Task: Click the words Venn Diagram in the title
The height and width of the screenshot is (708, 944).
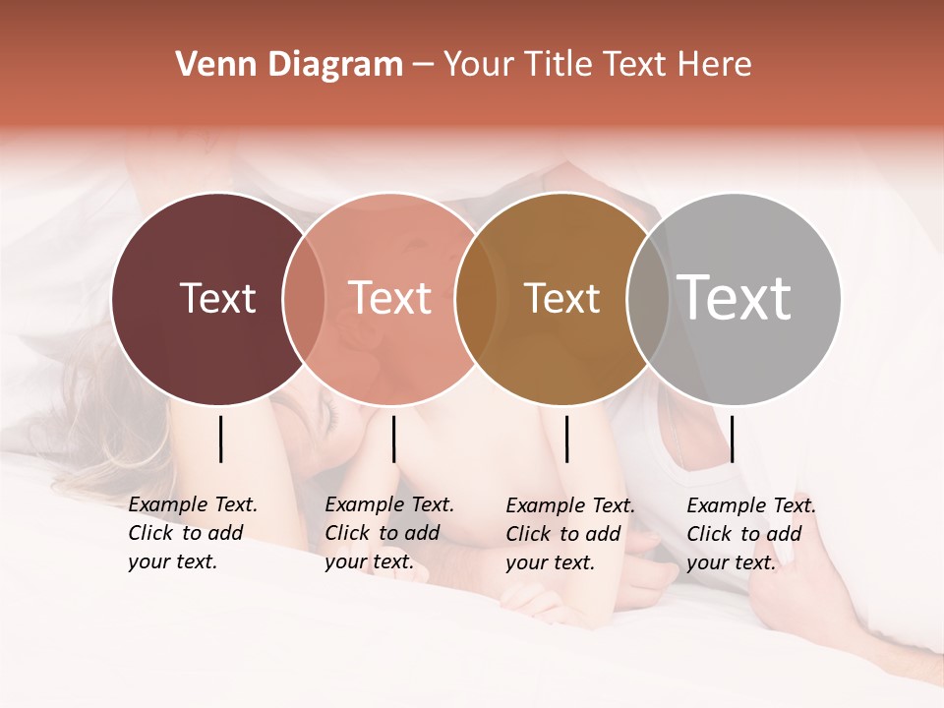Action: click(289, 65)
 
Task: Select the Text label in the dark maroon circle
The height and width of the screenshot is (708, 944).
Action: click(217, 298)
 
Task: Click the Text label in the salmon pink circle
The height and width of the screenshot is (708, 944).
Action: click(389, 298)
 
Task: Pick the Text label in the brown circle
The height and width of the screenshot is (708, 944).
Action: click(561, 298)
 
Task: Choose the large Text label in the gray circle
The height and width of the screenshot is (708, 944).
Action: click(734, 297)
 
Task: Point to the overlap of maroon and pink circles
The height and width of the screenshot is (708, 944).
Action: click(304, 299)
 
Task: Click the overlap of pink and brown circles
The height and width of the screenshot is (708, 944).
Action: click(476, 299)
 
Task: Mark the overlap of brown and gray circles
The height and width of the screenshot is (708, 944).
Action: click(647, 299)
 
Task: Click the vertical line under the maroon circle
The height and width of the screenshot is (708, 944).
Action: click(221, 439)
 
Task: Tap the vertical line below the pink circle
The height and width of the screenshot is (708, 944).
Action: click(393, 439)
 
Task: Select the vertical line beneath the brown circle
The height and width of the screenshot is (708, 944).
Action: click(567, 439)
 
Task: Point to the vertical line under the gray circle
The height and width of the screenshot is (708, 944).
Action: click(732, 439)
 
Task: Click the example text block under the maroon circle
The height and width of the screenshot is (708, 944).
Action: click(193, 533)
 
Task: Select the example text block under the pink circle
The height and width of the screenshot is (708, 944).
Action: click(389, 533)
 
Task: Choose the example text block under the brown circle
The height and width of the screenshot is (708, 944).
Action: click(570, 534)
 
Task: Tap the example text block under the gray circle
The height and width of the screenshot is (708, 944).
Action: click(751, 534)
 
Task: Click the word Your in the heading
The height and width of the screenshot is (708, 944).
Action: click(479, 65)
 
